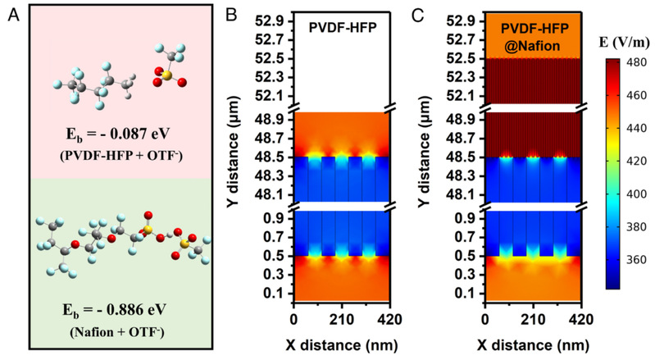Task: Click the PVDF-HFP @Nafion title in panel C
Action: point(533,34)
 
